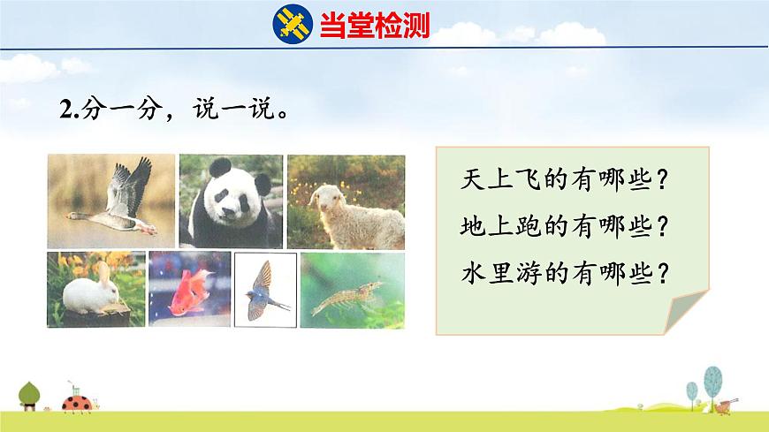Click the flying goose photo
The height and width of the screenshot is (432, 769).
[x=111, y=201]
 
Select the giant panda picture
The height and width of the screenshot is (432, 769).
[x=231, y=201]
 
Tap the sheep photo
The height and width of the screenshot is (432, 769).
[x=346, y=201]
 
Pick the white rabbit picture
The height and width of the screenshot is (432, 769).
[x=95, y=288]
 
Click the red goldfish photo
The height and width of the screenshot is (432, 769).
[x=189, y=288]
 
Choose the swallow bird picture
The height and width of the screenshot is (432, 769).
[x=264, y=289]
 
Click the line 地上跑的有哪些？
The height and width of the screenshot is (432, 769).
[x=563, y=227]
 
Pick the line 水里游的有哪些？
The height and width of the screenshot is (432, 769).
[x=563, y=273]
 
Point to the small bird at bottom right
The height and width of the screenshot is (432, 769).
[x=728, y=405]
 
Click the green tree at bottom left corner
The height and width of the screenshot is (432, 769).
[x=29, y=393]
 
